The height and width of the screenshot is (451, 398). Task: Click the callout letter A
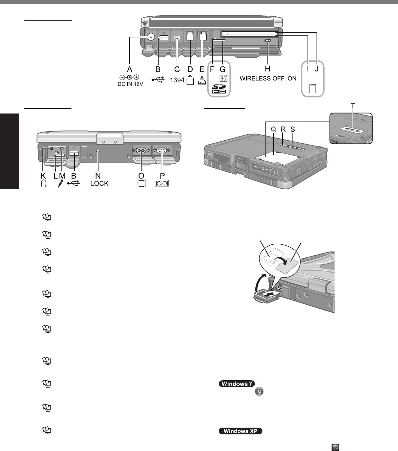click(130, 69)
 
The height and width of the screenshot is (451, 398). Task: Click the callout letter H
click(267, 69)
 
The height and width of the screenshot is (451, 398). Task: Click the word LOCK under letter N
click(99, 184)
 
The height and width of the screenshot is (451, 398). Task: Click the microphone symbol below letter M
click(60, 184)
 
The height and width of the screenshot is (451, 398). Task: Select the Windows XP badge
click(240, 431)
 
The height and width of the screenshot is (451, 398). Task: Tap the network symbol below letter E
click(202, 80)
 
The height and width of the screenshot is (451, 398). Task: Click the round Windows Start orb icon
click(259, 392)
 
